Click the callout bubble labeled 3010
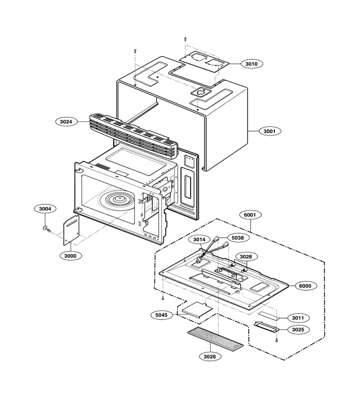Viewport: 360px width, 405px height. point(251,64)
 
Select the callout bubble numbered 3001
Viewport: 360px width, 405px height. point(270,131)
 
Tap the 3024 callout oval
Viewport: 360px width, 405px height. point(66,121)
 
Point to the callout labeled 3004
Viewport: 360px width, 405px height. point(45,209)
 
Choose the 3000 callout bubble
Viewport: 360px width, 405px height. point(70,256)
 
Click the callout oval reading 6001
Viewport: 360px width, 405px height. point(250,215)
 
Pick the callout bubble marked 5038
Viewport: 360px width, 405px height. point(238,238)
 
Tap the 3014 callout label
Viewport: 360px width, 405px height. point(199,239)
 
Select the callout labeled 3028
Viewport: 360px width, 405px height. point(246,257)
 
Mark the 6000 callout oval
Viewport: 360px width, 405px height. point(305,286)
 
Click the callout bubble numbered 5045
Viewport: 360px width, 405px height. point(162,315)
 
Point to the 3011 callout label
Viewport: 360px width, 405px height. point(298,318)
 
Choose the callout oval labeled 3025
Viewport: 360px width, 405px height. point(298,329)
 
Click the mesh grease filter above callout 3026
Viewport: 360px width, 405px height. point(215,338)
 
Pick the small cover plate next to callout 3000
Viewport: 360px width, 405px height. point(71,230)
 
